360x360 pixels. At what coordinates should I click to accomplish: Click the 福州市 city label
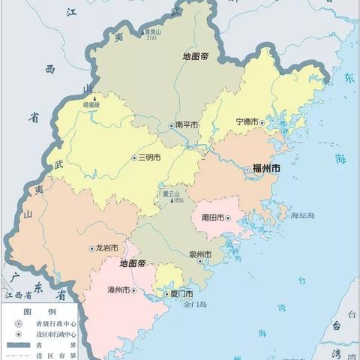266,171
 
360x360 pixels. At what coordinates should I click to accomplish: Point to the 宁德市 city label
247,121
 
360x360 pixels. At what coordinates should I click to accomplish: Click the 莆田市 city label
213,217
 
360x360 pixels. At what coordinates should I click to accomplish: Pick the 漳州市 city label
119,290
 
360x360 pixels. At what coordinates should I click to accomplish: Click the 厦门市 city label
180,293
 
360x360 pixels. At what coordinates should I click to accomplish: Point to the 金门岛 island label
182,306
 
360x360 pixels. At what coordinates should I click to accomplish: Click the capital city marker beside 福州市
247,171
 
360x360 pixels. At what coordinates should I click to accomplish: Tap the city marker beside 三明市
133,158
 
